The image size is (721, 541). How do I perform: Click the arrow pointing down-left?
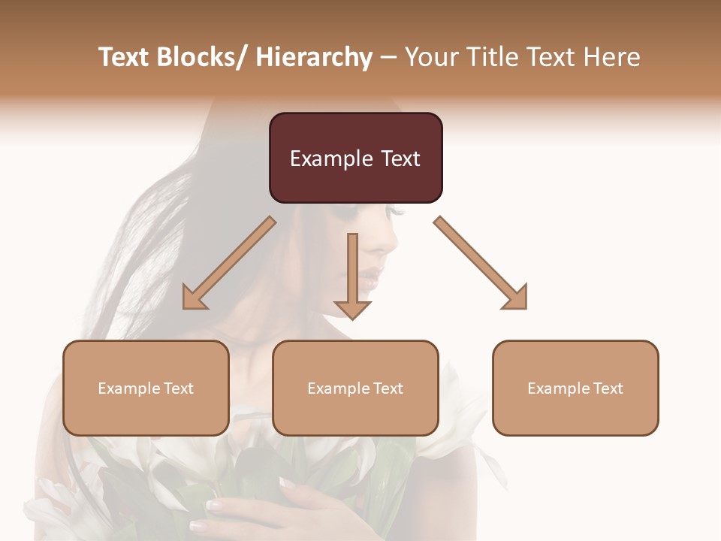[229, 263]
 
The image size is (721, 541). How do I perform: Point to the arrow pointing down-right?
[481, 263]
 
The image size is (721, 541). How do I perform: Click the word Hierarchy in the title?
[314, 57]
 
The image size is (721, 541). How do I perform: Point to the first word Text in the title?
[125, 57]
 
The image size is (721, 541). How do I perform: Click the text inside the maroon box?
[355, 159]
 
